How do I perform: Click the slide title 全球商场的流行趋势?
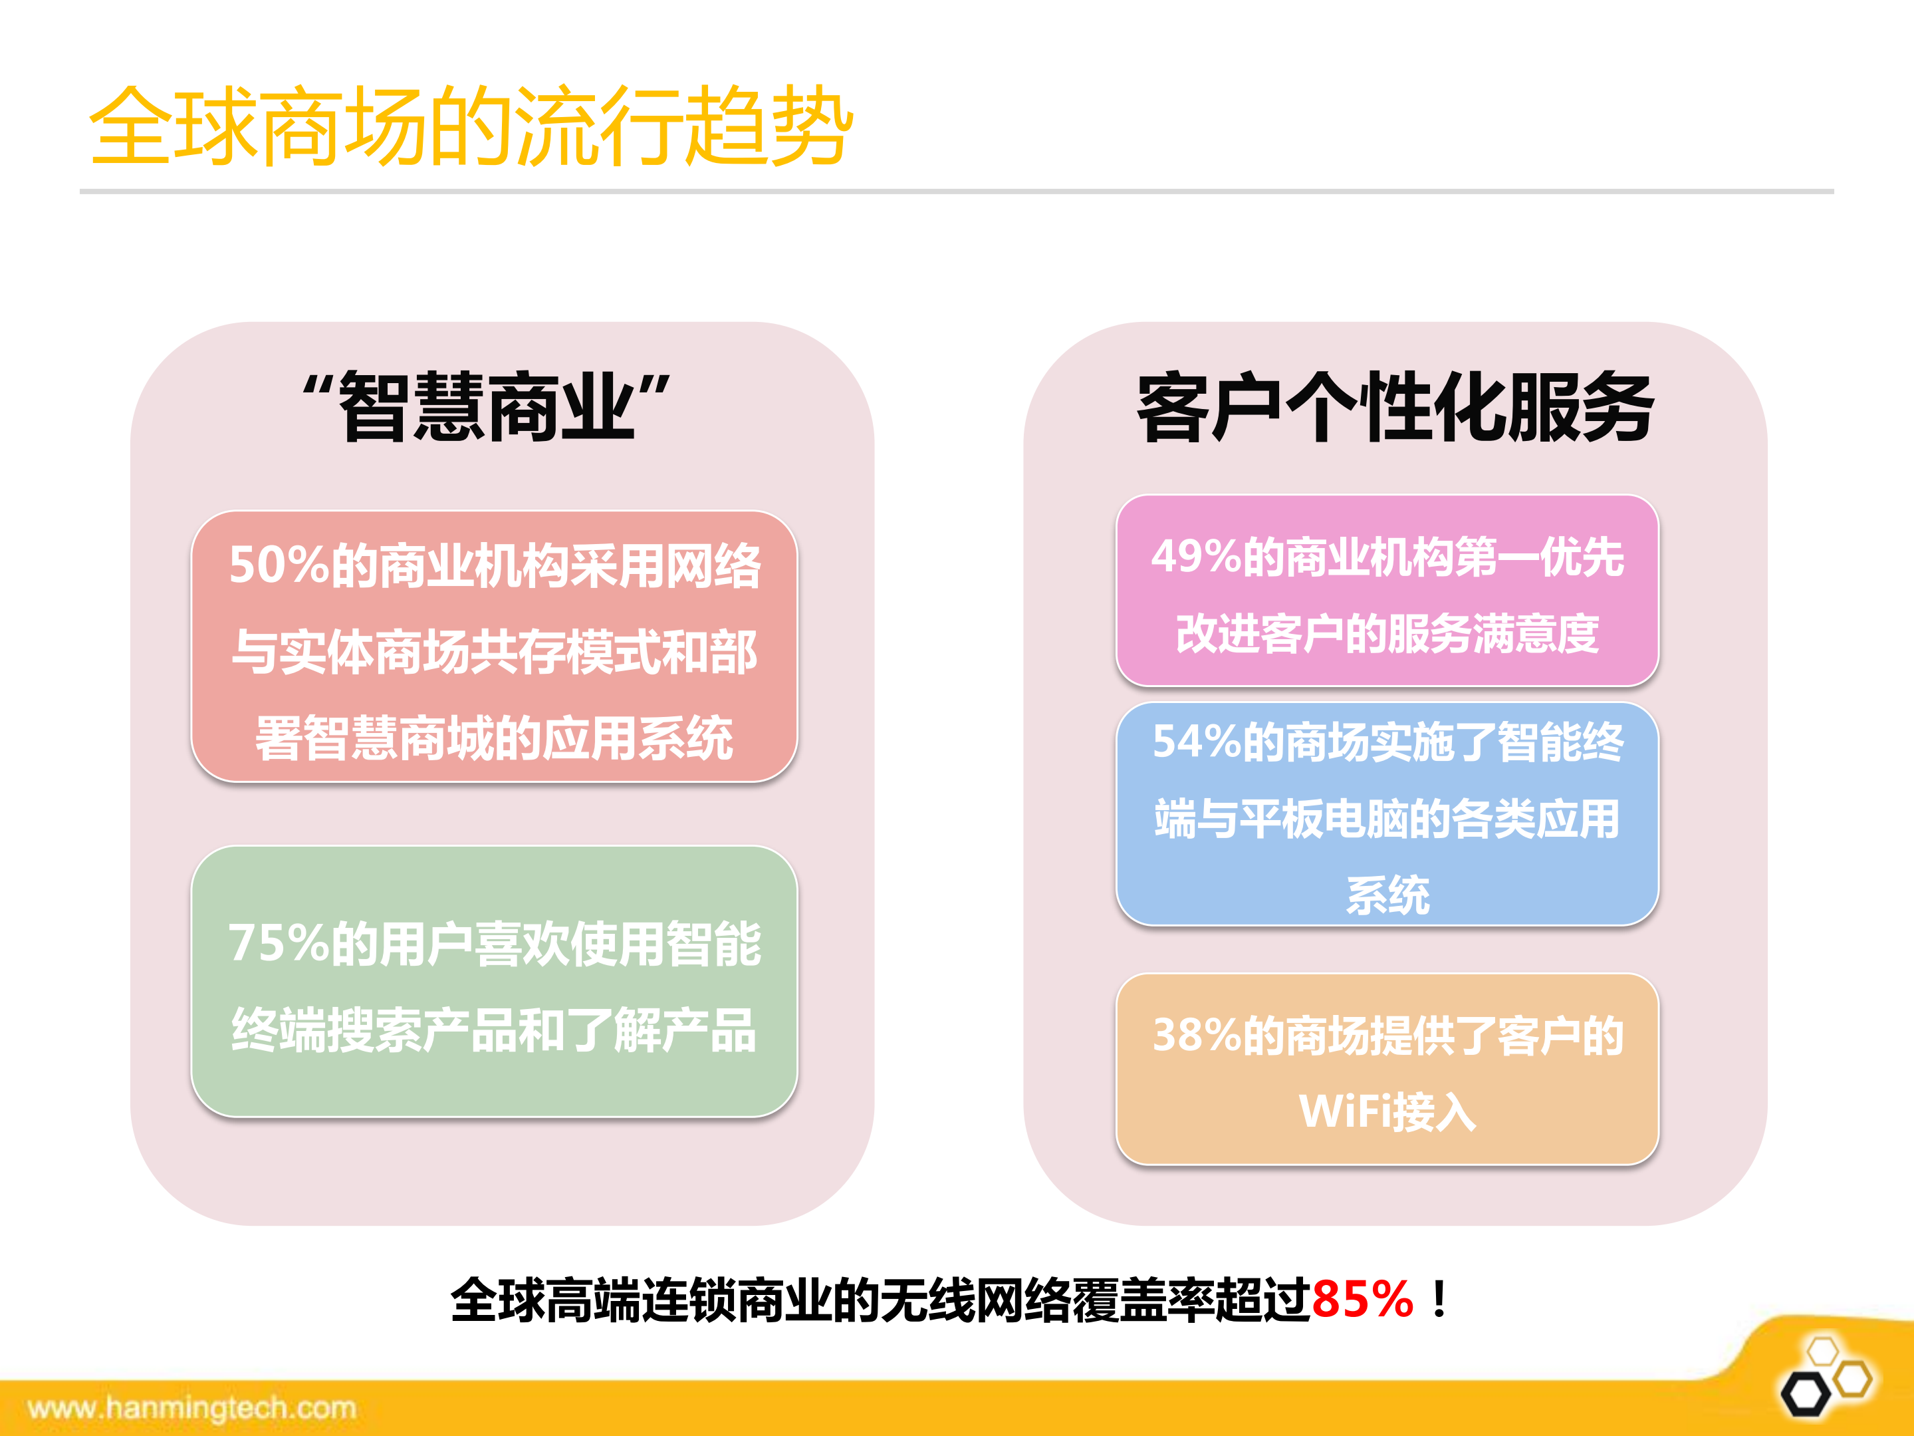click(471, 126)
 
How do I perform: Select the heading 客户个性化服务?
click(1395, 407)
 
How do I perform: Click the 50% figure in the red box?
click(277, 566)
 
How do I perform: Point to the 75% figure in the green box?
click(277, 944)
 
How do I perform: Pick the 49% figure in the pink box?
click(1196, 557)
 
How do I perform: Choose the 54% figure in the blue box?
click(1197, 742)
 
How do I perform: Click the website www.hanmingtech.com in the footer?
click(192, 1408)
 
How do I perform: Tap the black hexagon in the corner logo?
click(1805, 1395)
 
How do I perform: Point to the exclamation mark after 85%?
click(1439, 1300)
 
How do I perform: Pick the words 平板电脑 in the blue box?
click(1323, 819)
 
